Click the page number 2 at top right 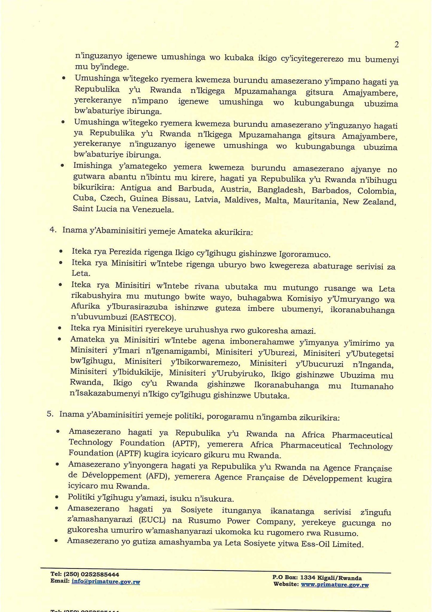[396, 45]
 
